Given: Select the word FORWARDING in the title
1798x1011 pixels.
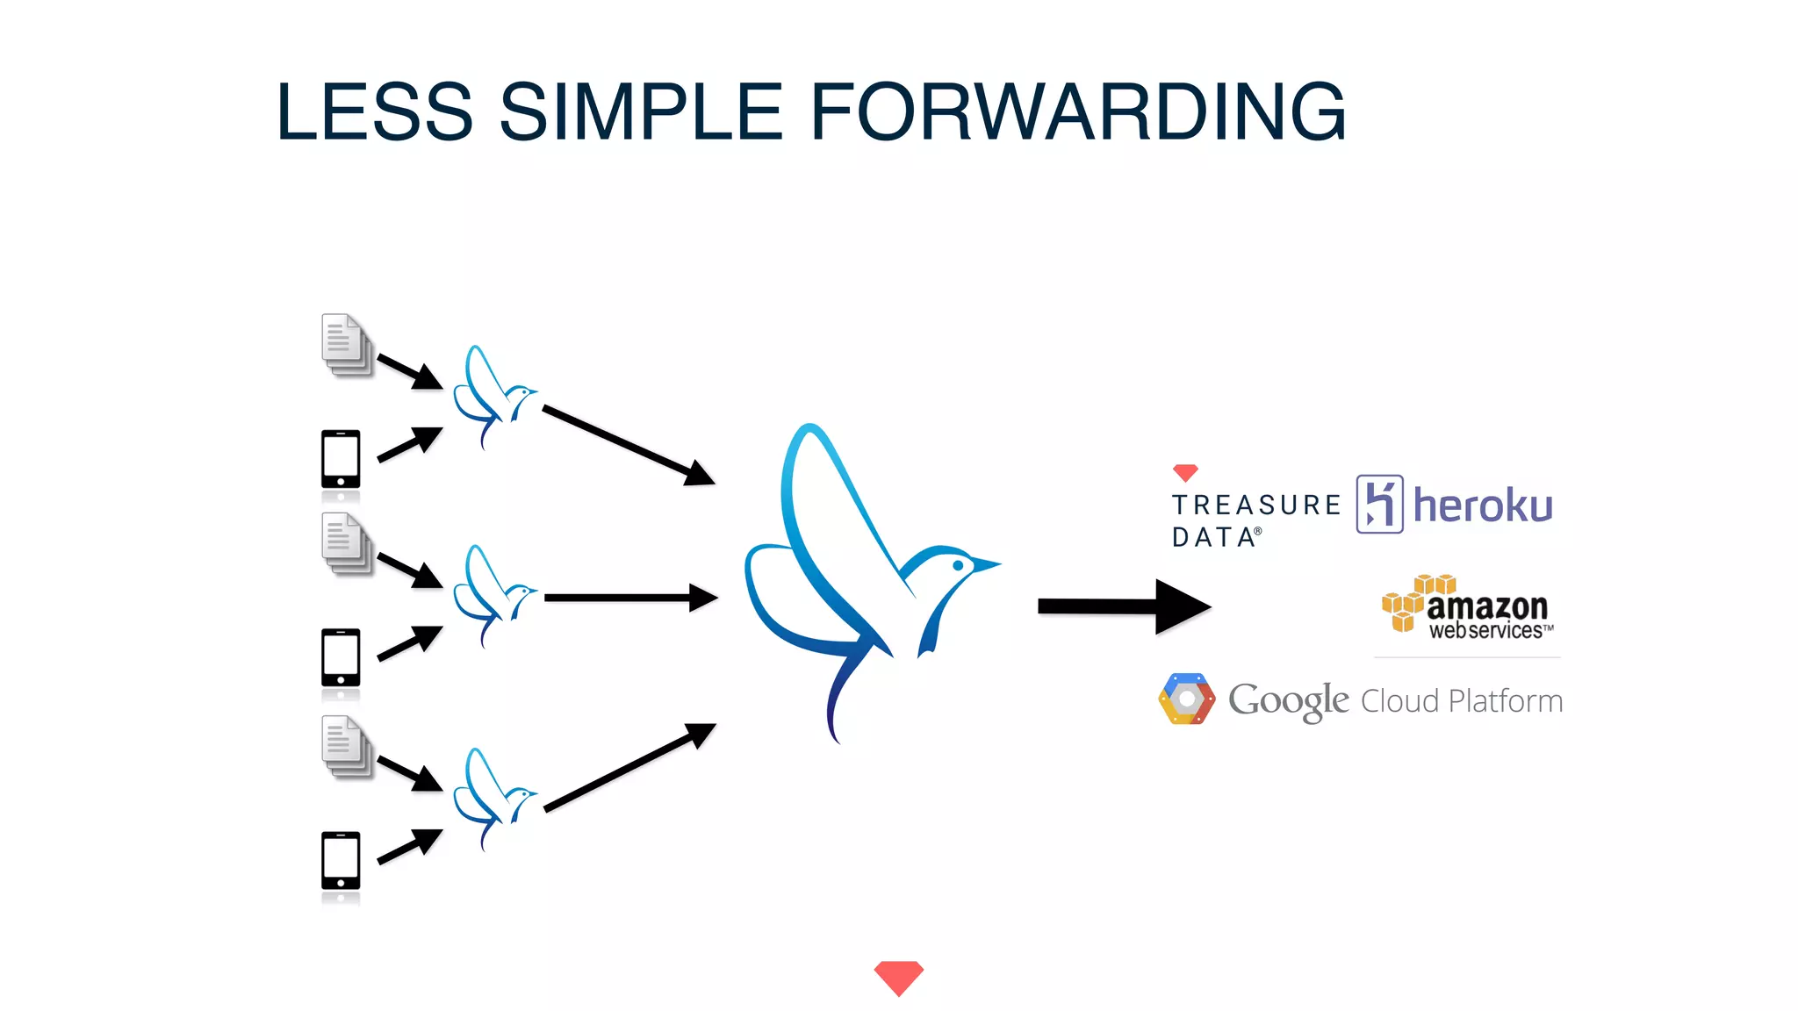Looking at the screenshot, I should point(1078,111).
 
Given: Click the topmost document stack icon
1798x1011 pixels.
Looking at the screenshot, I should point(346,345).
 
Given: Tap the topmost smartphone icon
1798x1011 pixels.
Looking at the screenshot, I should point(341,459).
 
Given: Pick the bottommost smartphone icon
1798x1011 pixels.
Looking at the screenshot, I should point(341,861).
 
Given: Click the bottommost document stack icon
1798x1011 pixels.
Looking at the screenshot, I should point(346,747).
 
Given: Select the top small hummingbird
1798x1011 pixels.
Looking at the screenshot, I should point(492,396).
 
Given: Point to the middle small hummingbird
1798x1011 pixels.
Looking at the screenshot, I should point(492,595).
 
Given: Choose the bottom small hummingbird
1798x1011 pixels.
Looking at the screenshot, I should point(492,798).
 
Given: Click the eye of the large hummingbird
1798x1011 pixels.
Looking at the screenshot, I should point(958,566).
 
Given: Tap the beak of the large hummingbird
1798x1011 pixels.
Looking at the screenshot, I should point(987,564).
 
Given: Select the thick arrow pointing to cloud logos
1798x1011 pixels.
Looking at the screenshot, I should point(1123,606).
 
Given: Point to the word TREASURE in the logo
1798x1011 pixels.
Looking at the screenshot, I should point(1256,505).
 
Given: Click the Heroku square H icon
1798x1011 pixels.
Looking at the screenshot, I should point(1379,504).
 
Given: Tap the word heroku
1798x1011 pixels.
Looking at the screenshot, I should point(1483,506).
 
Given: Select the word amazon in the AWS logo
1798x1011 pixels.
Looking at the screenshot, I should point(1486,606).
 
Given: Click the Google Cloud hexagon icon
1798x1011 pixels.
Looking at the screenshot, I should point(1186,699).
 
